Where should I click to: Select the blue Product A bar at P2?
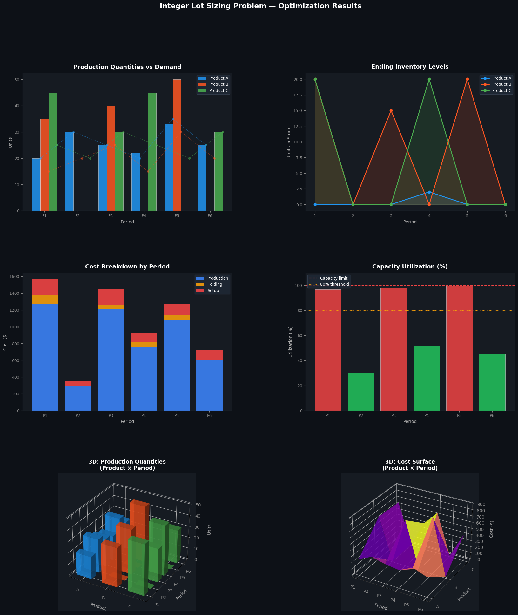point(69,171)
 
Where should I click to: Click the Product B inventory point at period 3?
point(391,111)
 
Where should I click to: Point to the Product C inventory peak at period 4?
point(429,79)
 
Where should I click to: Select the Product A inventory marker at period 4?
point(429,192)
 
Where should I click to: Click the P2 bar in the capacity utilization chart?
point(361,392)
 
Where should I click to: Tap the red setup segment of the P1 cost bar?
point(45,287)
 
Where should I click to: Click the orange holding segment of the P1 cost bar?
point(45,300)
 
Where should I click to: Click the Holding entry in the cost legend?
point(215,284)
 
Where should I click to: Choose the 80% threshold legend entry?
point(334,284)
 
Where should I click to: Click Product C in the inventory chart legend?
point(501,91)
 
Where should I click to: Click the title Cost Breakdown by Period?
point(127,267)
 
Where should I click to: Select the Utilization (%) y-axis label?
point(290,342)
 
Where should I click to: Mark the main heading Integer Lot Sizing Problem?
point(260,6)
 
